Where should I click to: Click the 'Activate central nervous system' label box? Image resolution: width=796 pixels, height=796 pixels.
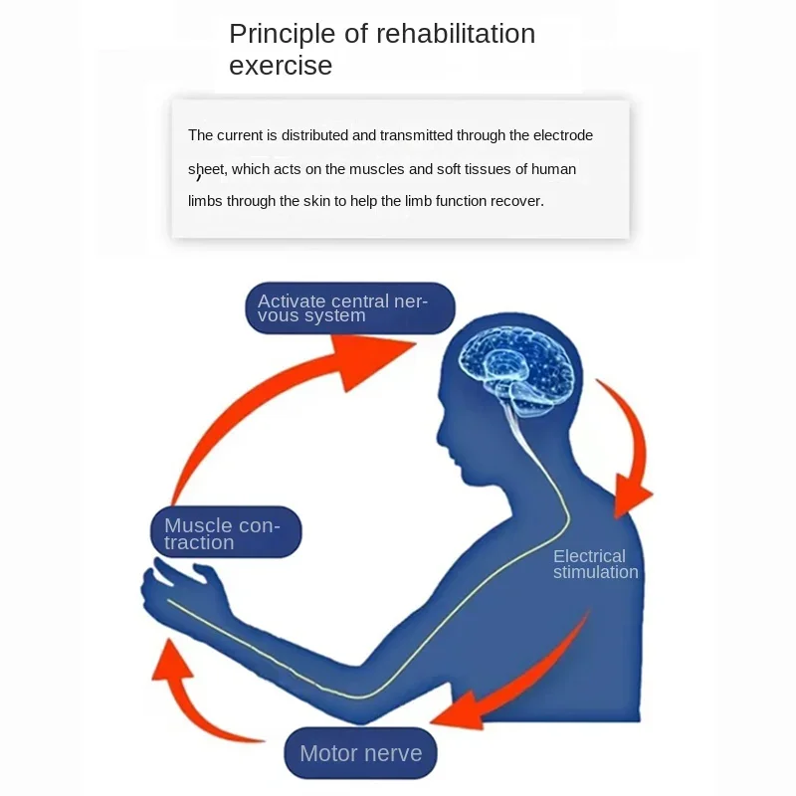pos(349,308)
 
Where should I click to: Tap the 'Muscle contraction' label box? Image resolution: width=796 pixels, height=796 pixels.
pos(225,533)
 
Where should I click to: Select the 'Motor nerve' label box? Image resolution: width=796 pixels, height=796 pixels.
pos(360,753)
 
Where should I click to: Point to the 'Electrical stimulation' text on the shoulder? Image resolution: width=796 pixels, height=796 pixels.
pos(595,564)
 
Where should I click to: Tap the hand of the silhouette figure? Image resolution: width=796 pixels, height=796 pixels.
pos(185,591)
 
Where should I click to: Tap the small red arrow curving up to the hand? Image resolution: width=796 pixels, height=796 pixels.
pos(189,696)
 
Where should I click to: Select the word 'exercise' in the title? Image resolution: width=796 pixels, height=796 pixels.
pos(281,66)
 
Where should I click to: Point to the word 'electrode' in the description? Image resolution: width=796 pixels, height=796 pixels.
pos(563,135)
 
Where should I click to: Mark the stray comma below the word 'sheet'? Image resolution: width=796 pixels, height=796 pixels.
pos(199,179)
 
